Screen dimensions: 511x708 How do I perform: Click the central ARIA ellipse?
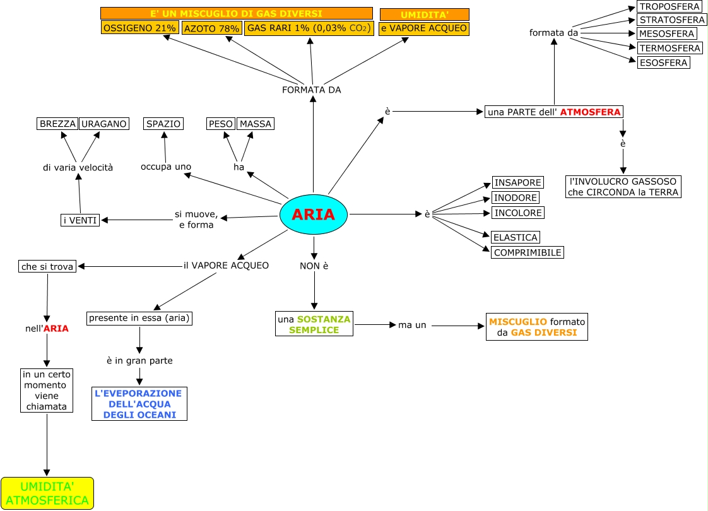point(314,214)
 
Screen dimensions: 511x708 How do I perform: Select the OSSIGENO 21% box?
point(139,28)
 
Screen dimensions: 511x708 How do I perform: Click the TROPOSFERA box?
point(670,6)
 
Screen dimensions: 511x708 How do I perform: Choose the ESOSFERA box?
point(663,62)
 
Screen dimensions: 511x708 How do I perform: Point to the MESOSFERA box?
point(666,33)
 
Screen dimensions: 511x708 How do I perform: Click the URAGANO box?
point(104,124)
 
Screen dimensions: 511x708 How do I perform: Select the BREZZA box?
point(57,124)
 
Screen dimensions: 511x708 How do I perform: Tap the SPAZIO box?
point(163,124)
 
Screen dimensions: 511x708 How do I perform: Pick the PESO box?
point(221,124)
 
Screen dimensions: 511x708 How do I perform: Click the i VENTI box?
point(80,220)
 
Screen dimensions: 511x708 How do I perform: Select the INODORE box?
point(516,197)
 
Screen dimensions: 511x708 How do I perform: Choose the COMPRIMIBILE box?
point(528,252)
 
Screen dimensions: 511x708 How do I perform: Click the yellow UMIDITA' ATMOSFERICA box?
point(47,493)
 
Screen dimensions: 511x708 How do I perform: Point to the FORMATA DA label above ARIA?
point(312,90)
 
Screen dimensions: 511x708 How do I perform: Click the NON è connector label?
point(314,266)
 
